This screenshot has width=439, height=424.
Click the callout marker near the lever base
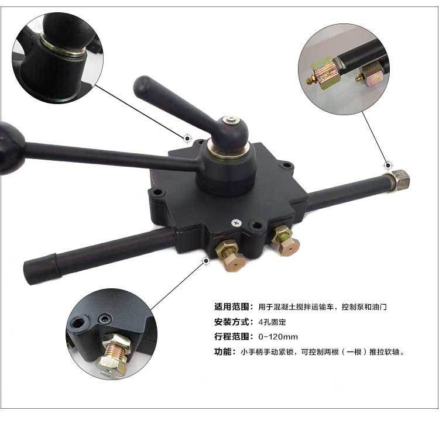pos(187,138)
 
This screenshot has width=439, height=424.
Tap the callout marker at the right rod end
pos(387,166)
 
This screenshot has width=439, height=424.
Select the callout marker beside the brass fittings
pos(206,261)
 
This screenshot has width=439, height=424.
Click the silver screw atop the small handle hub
pos(232,120)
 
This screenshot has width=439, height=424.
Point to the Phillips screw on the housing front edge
pos(236,223)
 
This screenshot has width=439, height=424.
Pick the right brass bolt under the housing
pos(285,240)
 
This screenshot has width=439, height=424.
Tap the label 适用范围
pos(232,307)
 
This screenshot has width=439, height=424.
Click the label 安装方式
pos(232,322)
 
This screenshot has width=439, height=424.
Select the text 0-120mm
pos(277,337)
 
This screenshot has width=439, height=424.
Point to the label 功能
pos(223,351)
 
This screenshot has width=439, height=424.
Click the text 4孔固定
pos(272,322)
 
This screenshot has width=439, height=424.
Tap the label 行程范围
pos(232,336)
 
